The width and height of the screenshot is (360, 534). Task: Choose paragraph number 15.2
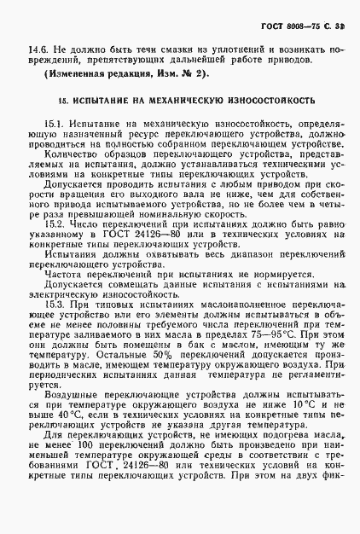[x=55, y=225]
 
